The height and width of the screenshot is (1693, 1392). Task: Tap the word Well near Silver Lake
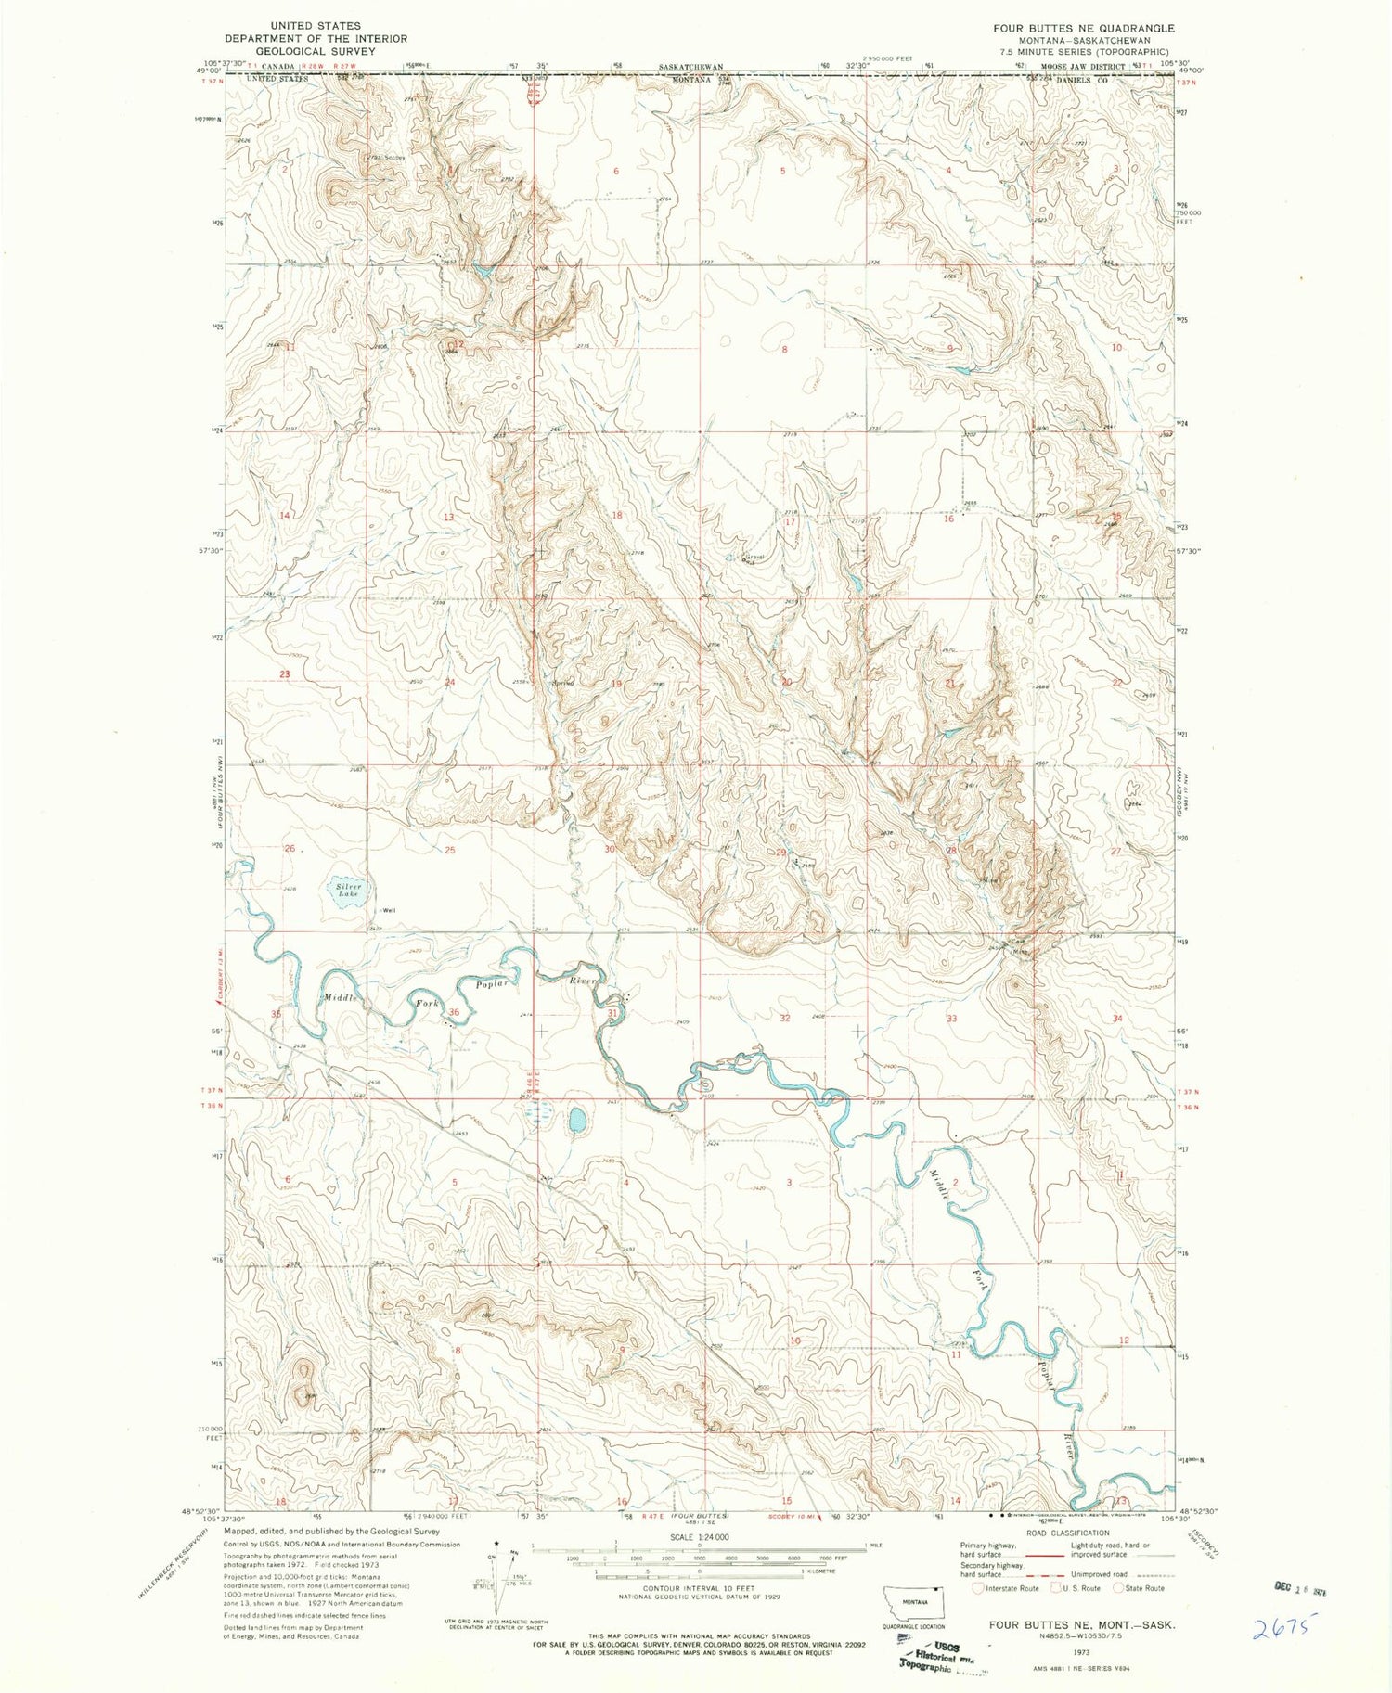(x=390, y=910)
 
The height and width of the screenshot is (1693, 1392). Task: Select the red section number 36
(x=454, y=1012)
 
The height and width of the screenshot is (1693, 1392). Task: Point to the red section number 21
(x=949, y=683)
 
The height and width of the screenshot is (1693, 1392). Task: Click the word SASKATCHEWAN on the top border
(x=690, y=68)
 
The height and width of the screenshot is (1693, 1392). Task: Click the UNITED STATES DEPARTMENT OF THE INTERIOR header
(x=302, y=38)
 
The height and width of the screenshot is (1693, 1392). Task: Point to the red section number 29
(x=781, y=853)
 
